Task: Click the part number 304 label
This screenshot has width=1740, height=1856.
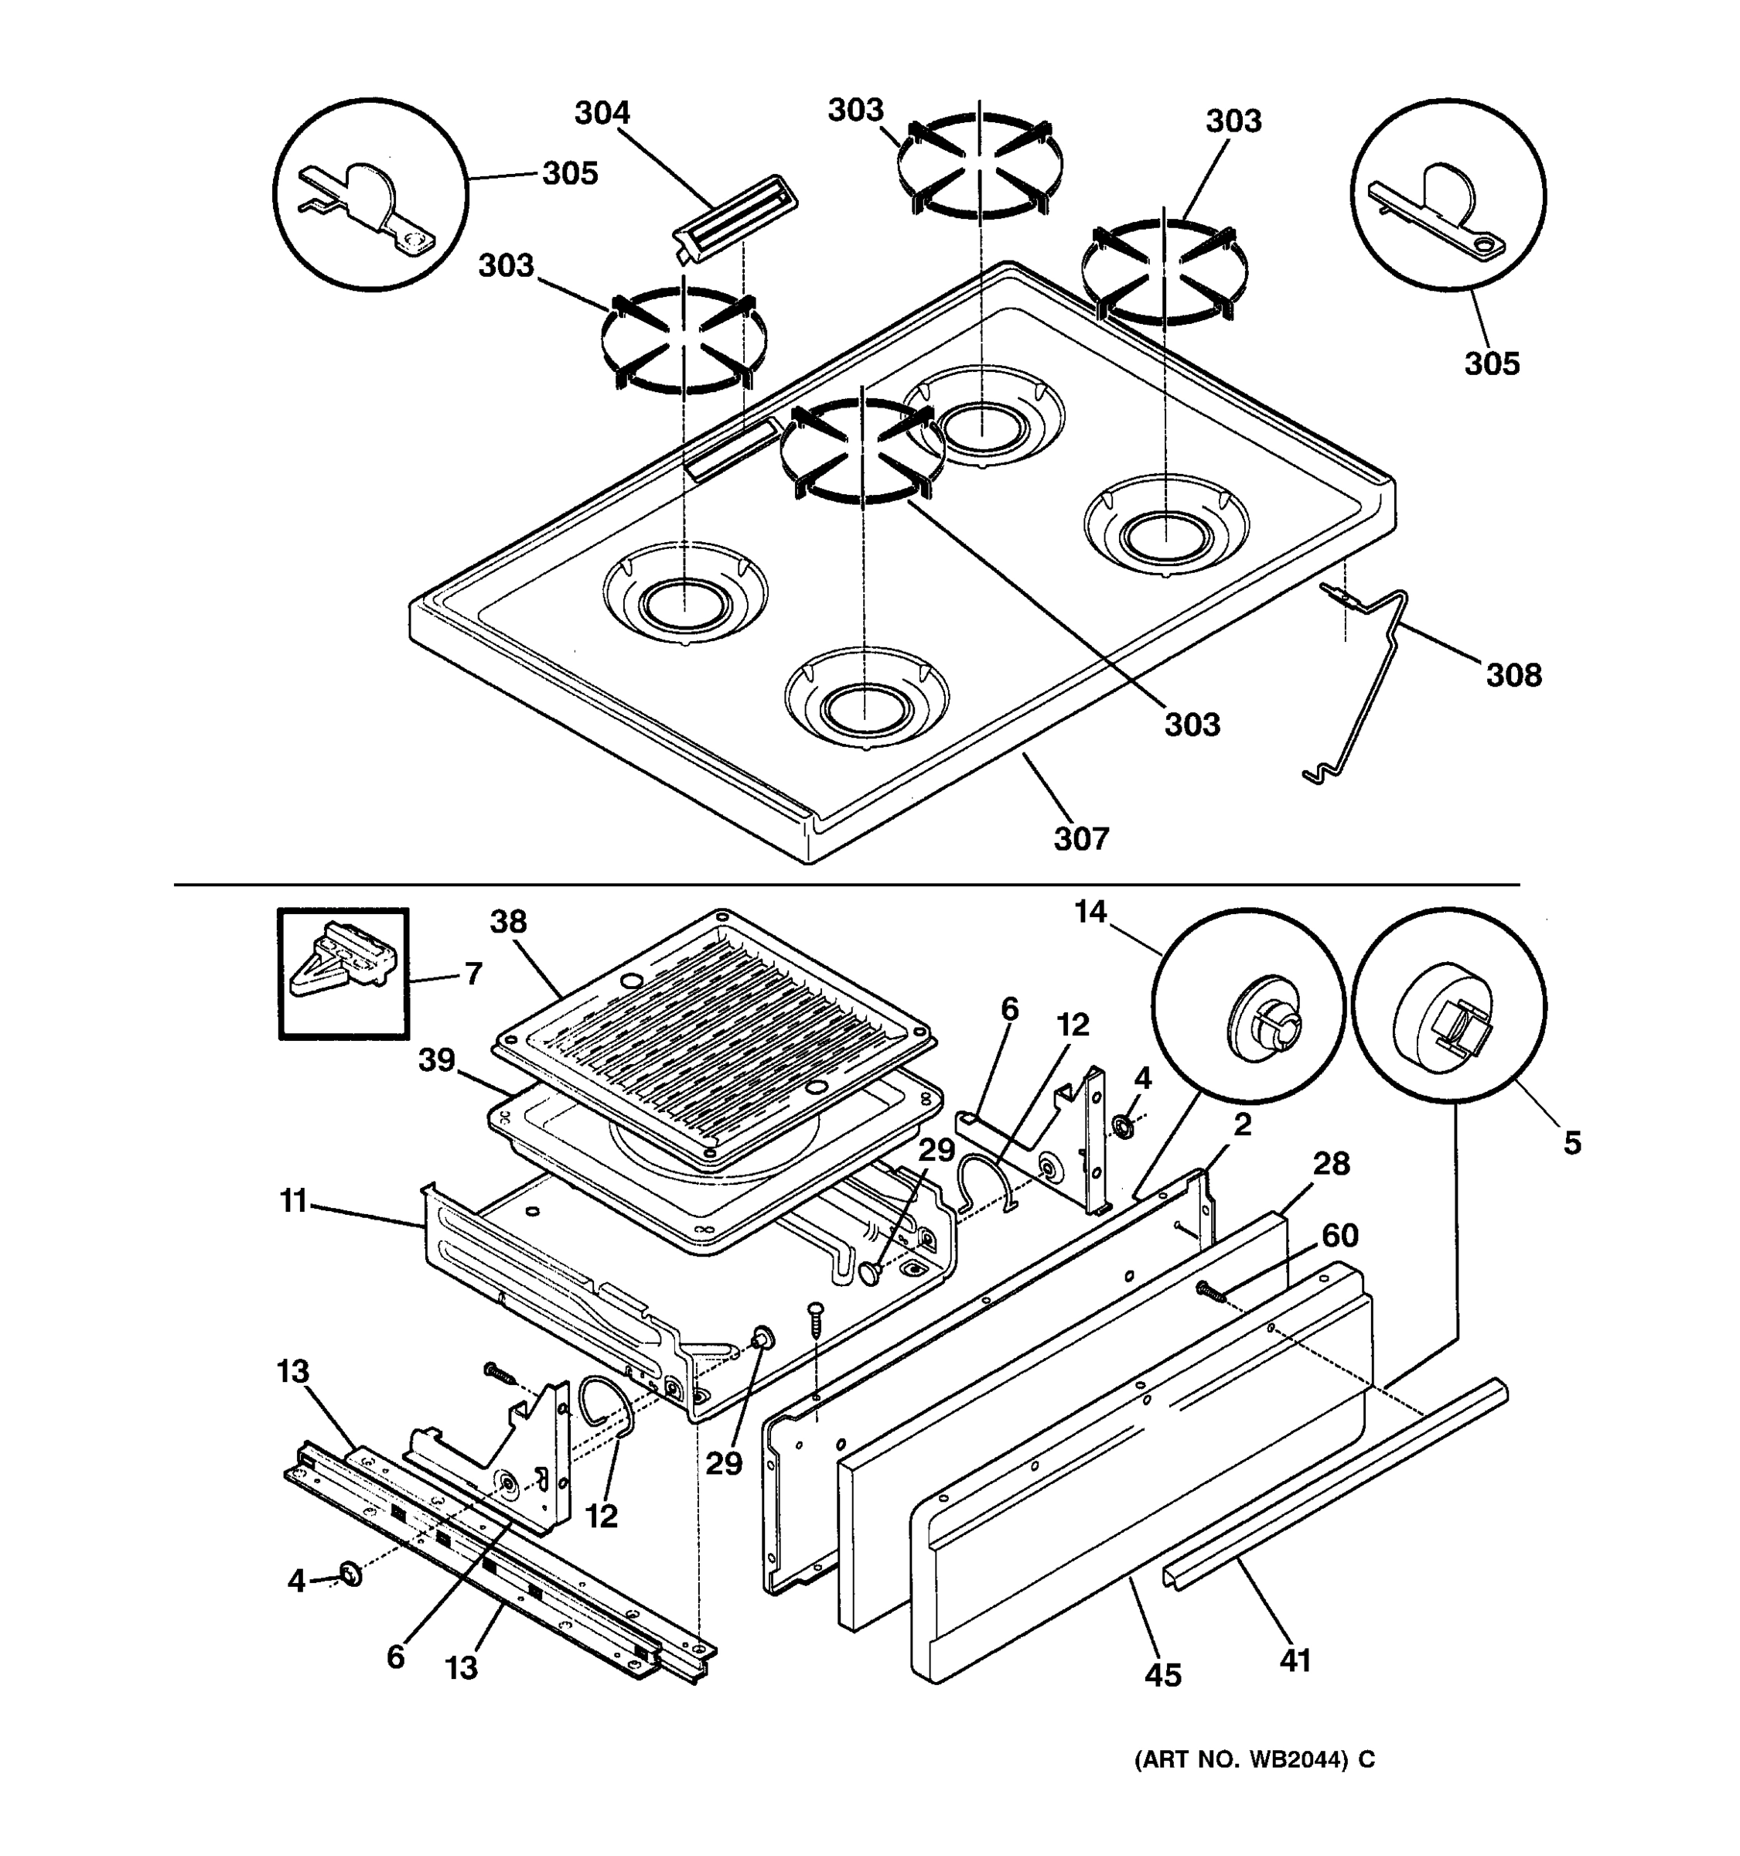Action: coord(602,113)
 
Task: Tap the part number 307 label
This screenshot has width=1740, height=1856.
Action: coord(1081,838)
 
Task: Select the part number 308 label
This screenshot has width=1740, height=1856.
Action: coord(1513,674)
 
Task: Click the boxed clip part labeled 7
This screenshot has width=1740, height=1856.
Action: coord(343,972)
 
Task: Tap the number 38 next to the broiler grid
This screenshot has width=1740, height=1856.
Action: coord(509,922)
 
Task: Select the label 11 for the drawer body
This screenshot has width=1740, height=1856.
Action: coord(293,1201)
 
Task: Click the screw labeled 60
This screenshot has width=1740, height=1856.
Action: coord(1211,1291)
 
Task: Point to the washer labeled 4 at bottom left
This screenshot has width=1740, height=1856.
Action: coord(351,1576)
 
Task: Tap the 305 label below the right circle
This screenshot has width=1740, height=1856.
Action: coord(1492,363)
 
